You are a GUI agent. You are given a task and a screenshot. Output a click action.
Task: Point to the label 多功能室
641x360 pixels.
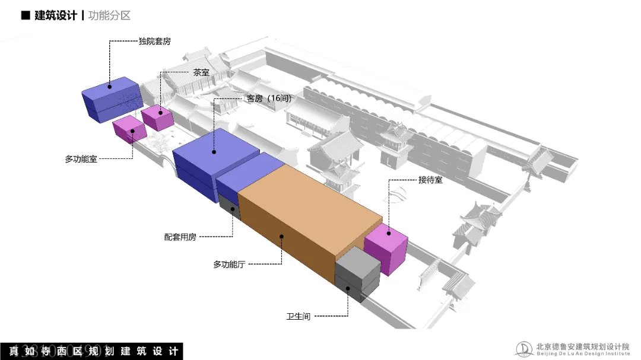coord(81,159)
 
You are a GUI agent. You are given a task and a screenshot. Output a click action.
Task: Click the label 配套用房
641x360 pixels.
coord(180,237)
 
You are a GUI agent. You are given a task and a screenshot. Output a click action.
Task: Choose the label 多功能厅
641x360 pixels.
coord(229,265)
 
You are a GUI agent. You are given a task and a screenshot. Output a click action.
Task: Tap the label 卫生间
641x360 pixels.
coord(298,316)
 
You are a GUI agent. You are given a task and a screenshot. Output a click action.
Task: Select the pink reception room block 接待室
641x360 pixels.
coord(386,249)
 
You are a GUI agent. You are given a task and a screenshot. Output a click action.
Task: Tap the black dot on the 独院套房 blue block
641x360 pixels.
coord(109,87)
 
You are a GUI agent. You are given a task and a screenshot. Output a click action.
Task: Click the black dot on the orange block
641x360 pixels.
coord(282,236)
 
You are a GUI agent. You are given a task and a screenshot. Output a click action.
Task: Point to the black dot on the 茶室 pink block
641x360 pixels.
coord(160,113)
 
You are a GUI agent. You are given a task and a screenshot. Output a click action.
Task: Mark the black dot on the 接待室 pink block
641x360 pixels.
coord(389,233)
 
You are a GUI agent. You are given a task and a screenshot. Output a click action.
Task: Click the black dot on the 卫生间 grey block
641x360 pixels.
coord(348,289)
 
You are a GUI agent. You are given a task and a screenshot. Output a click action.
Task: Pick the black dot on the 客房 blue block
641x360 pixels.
coord(213,152)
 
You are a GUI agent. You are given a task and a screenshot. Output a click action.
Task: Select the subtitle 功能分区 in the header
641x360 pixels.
coord(109,16)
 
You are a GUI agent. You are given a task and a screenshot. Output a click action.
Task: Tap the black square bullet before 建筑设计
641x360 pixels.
coord(25,16)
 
